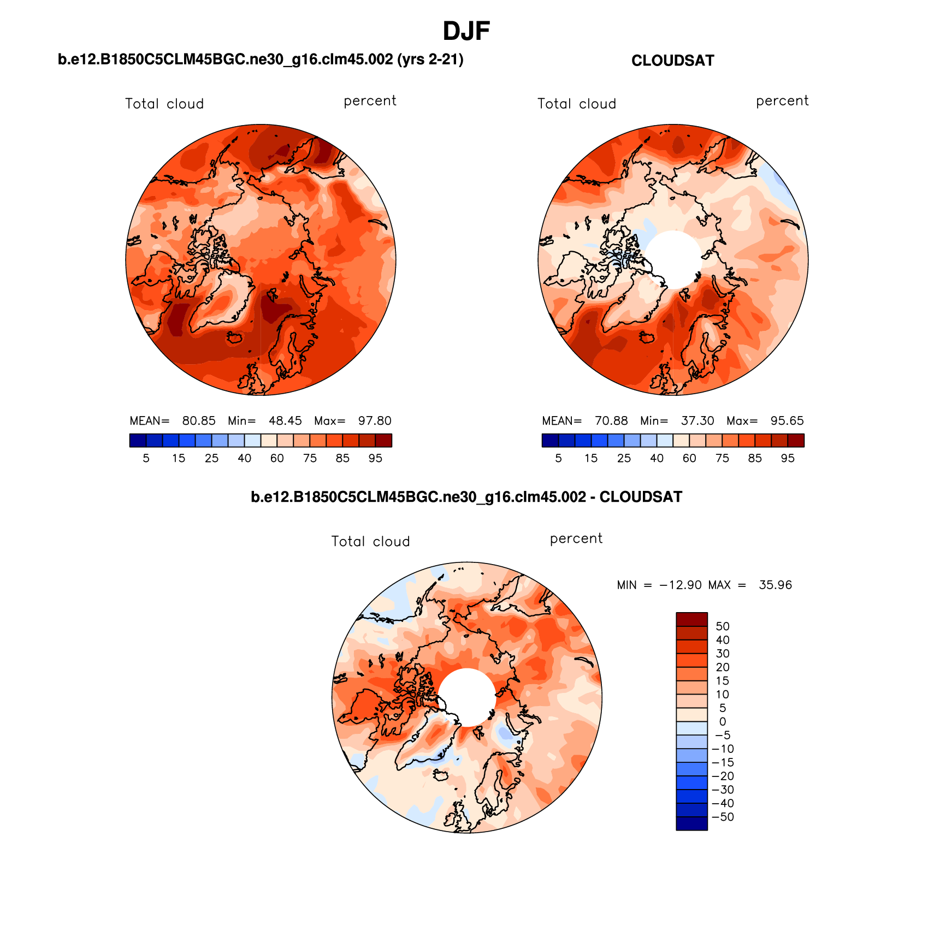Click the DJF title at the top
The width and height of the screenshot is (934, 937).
[466, 31]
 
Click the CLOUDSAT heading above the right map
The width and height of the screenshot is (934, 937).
[672, 61]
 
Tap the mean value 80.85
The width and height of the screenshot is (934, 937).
[199, 421]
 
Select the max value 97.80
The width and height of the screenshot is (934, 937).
[375, 421]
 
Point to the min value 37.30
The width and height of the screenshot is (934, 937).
[697, 421]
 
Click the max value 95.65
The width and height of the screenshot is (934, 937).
[787, 421]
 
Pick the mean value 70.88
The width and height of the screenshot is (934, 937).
[611, 421]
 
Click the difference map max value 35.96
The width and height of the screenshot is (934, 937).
[775, 585]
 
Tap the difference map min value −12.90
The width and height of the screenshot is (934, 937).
[681, 585]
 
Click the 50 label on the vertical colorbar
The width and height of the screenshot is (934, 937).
[722, 626]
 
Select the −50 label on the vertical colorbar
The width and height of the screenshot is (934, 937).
[723, 817]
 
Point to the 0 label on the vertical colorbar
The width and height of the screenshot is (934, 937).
[722, 722]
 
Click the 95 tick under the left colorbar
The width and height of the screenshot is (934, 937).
[375, 459]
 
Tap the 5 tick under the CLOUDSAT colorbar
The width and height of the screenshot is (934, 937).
[558, 459]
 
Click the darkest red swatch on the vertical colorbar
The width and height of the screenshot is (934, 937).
[691, 619]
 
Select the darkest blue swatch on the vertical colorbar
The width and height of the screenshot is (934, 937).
[691, 823]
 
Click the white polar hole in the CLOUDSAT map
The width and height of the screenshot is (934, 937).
[673, 259]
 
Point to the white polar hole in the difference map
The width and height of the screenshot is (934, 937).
[467, 697]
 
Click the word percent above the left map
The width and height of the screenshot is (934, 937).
[370, 101]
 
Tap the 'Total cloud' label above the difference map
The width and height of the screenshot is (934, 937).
[370, 542]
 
